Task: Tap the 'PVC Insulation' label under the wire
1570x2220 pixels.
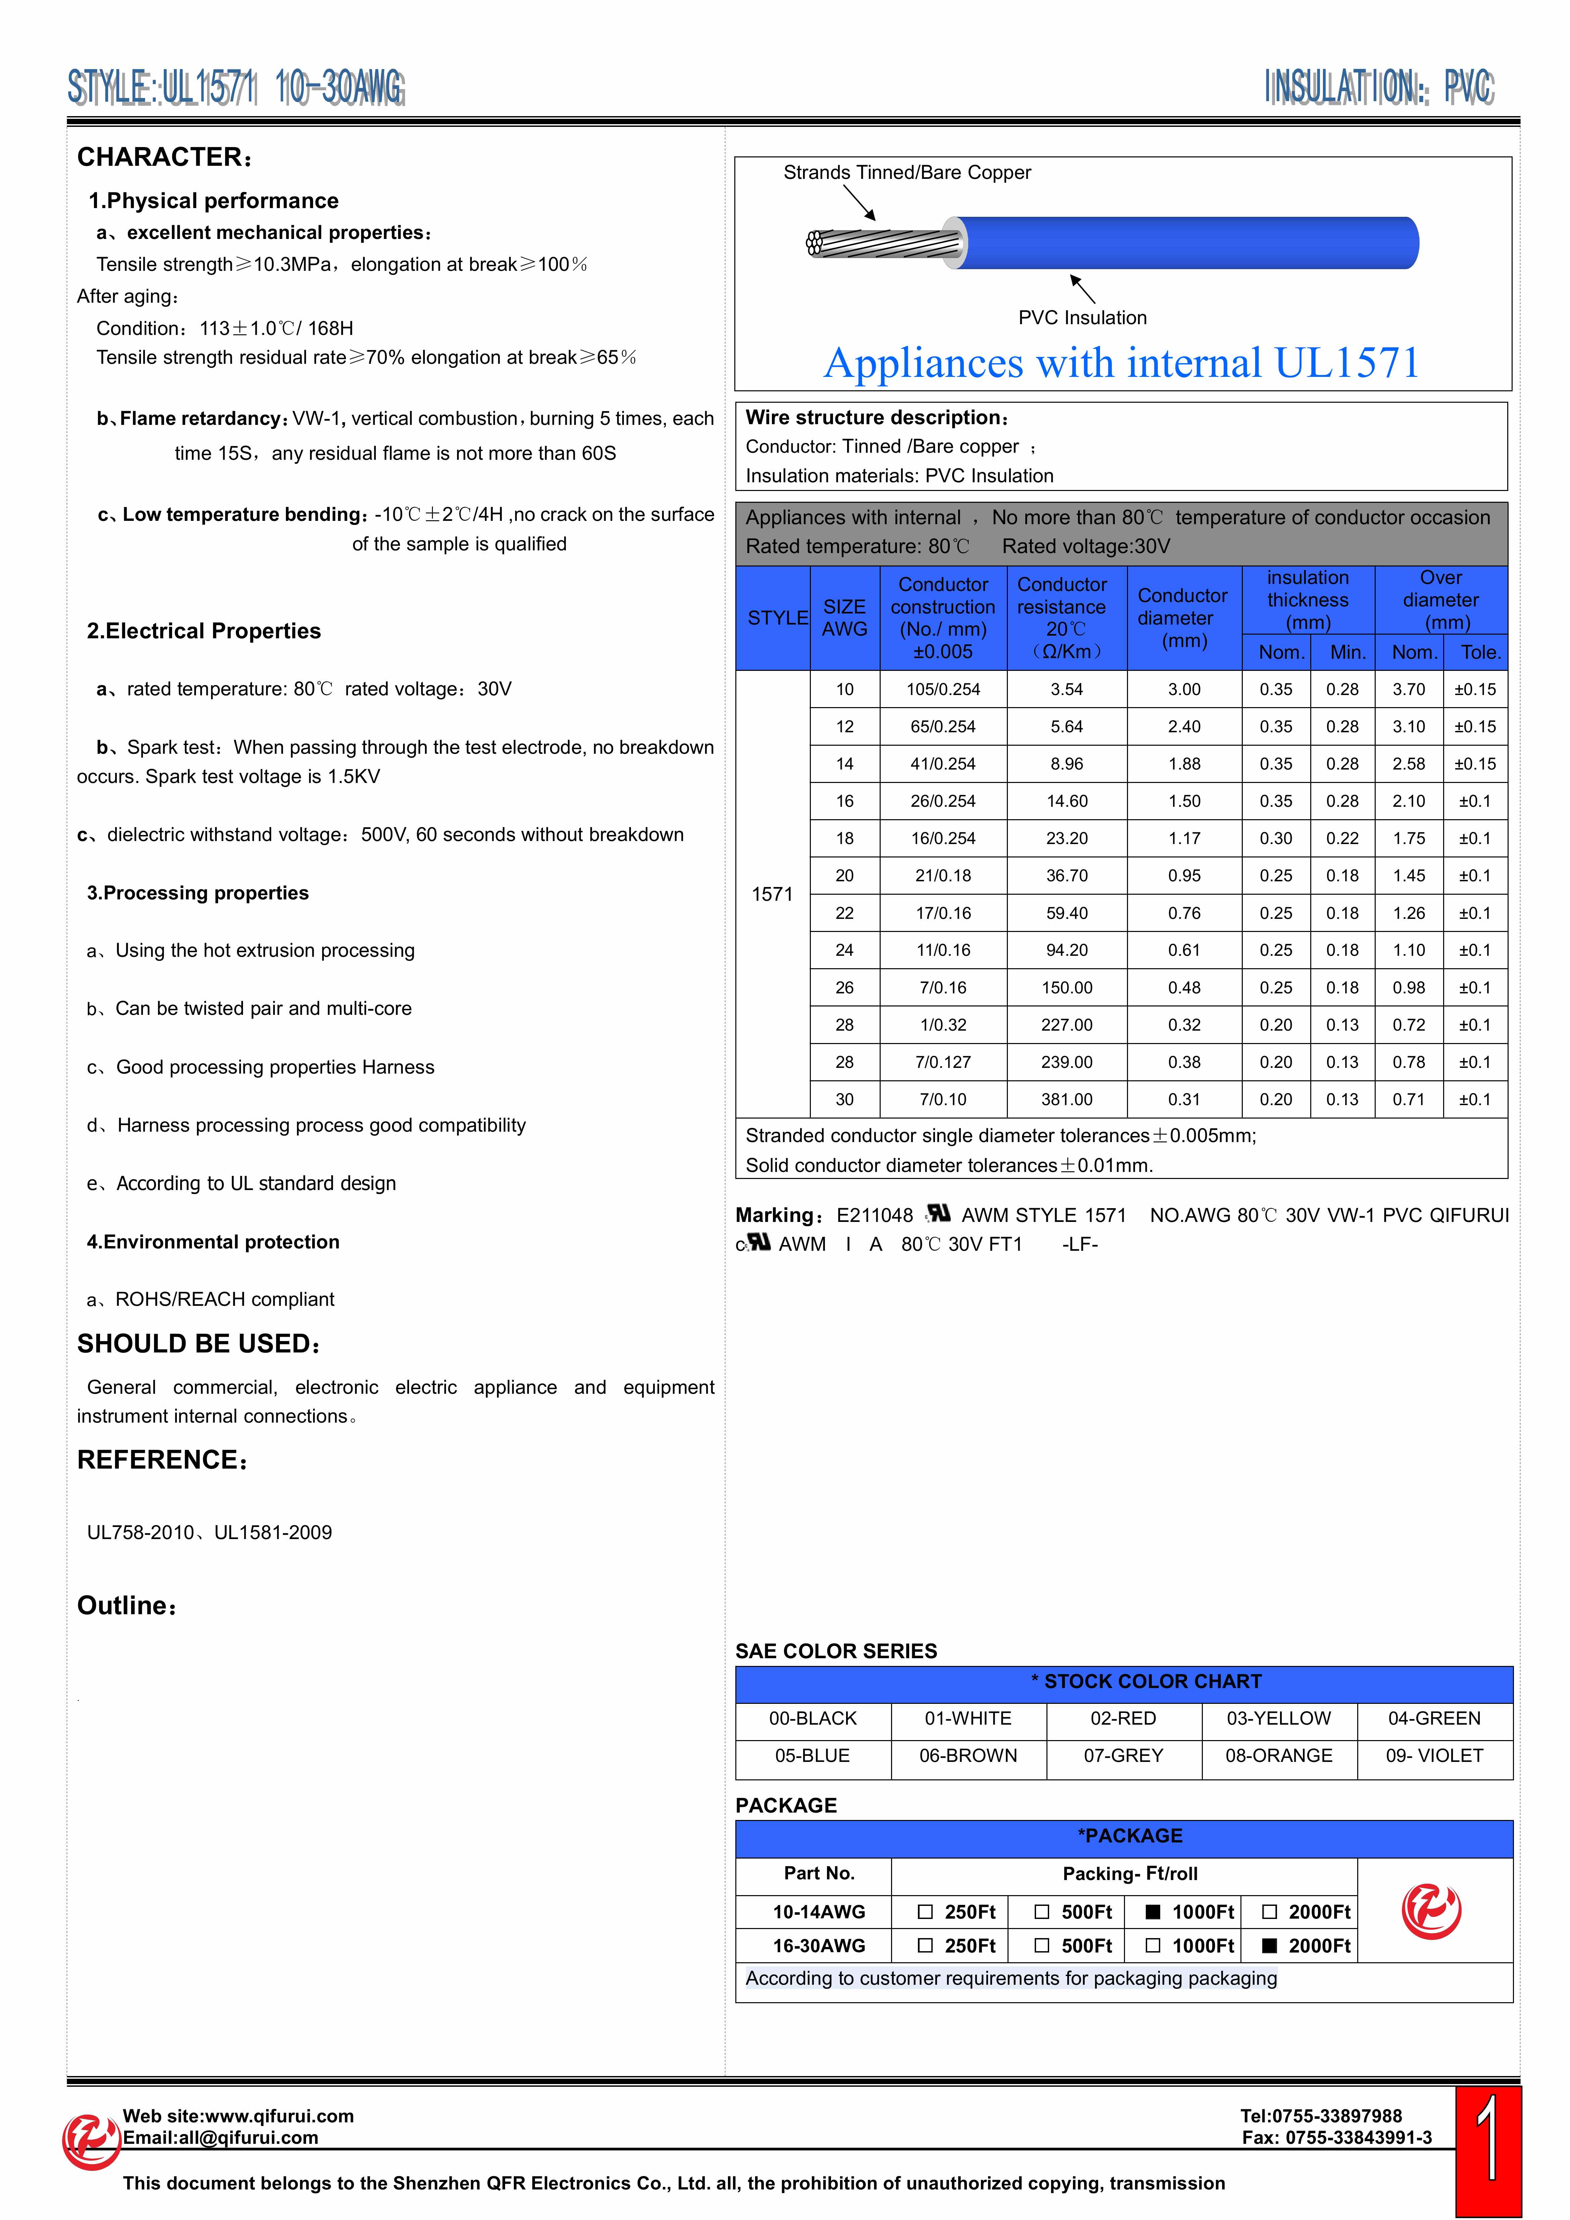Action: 1082,318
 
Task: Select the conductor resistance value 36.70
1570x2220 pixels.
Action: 1066,876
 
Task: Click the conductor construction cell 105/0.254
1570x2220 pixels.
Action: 943,689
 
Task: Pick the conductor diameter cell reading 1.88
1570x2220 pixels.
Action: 1183,764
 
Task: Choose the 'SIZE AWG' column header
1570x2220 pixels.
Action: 844,618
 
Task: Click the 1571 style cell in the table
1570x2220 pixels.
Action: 772,894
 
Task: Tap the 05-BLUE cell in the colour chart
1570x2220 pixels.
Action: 812,1756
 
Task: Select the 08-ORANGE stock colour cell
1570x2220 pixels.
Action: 1278,1756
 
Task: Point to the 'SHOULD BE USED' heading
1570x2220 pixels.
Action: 198,1344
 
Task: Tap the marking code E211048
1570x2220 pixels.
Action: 874,1216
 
